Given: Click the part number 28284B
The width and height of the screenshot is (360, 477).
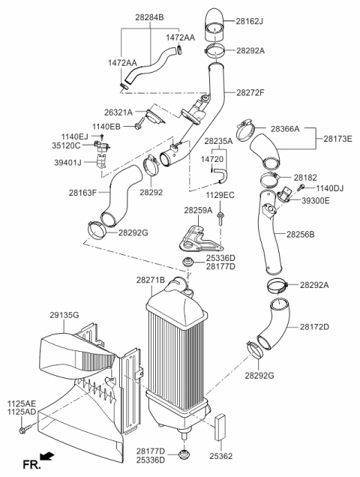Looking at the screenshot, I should tap(149, 16).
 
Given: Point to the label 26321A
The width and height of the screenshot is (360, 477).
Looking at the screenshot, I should tap(118, 112).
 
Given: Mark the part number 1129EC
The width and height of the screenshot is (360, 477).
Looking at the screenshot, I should tap(220, 195).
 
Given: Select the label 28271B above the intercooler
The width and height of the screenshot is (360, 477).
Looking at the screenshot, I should tap(151, 280).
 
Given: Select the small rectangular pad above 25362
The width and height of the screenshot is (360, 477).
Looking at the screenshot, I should tap(221, 428).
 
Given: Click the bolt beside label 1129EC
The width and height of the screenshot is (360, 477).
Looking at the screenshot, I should tap(221, 218).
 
